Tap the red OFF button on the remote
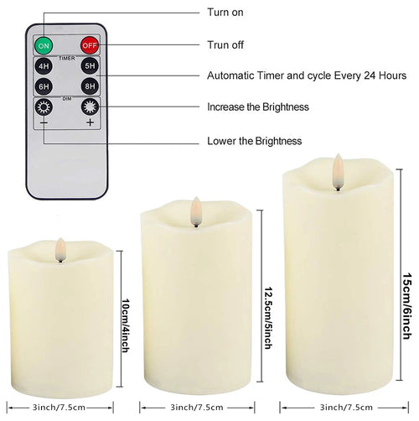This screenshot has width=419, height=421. pyautogui.click(x=89, y=44)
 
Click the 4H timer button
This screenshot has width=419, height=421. pyautogui.click(x=44, y=65)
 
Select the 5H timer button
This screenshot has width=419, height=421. pyautogui.click(x=89, y=65)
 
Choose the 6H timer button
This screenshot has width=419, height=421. pyautogui.click(x=44, y=86)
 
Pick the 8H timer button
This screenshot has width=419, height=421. pyautogui.click(x=89, y=86)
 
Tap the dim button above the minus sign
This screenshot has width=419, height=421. pyautogui.click(x=44, y=107)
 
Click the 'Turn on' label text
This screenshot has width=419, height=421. pyautogui.click(x=226, y=13)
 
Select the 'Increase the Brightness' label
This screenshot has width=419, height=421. pyautogui.click(x=258, y=107)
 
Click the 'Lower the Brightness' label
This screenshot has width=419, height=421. pyautogui.click(x=255, y=141)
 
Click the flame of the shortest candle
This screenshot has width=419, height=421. pyautogui.click(x=59, y=247)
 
